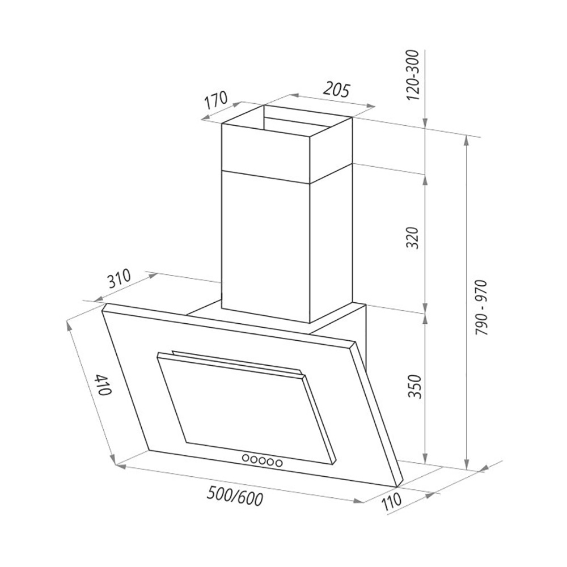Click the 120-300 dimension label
pyautogui.click(x=413, y=75)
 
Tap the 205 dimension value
pyautogui.click(x=336, y=90)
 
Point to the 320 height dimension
pyautogui.click(x=412, y=238)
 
